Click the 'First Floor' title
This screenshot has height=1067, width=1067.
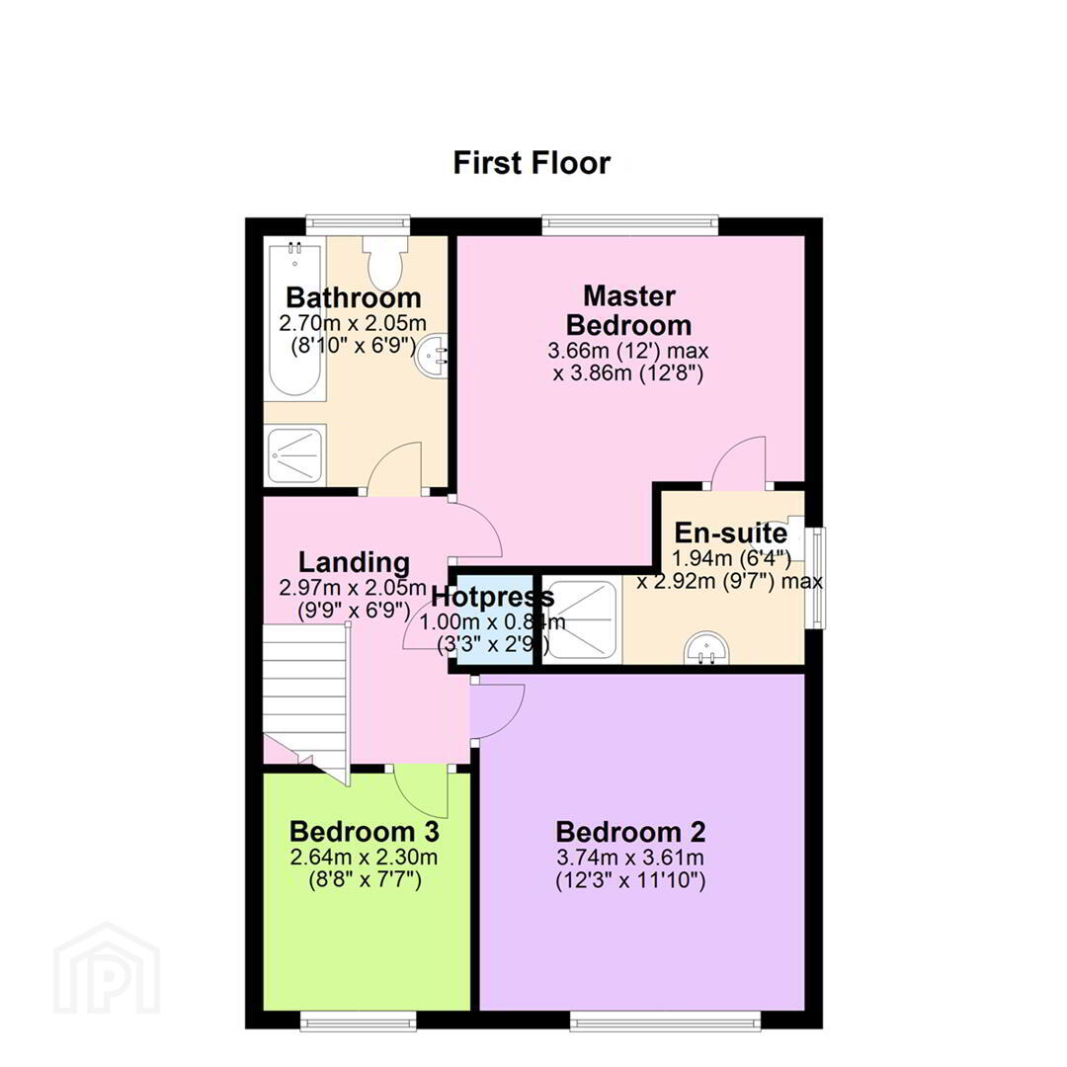533,163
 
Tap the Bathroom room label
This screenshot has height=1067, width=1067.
353,297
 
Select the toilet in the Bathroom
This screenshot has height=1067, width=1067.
386,262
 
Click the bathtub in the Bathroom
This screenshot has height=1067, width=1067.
295,320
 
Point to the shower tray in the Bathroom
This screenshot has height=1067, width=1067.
295,453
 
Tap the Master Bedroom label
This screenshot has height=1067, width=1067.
628,310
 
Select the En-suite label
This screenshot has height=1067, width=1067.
731,533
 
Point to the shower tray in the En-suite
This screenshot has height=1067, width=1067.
583,619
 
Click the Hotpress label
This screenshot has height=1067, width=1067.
493,597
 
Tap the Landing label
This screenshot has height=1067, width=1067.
355,562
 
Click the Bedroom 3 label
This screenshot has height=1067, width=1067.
364,831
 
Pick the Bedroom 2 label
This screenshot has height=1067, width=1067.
630,832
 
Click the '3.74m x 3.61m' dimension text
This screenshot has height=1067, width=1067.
630,858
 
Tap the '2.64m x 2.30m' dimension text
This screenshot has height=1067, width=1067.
364,857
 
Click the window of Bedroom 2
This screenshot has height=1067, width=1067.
666,1020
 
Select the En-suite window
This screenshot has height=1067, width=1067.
815,578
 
